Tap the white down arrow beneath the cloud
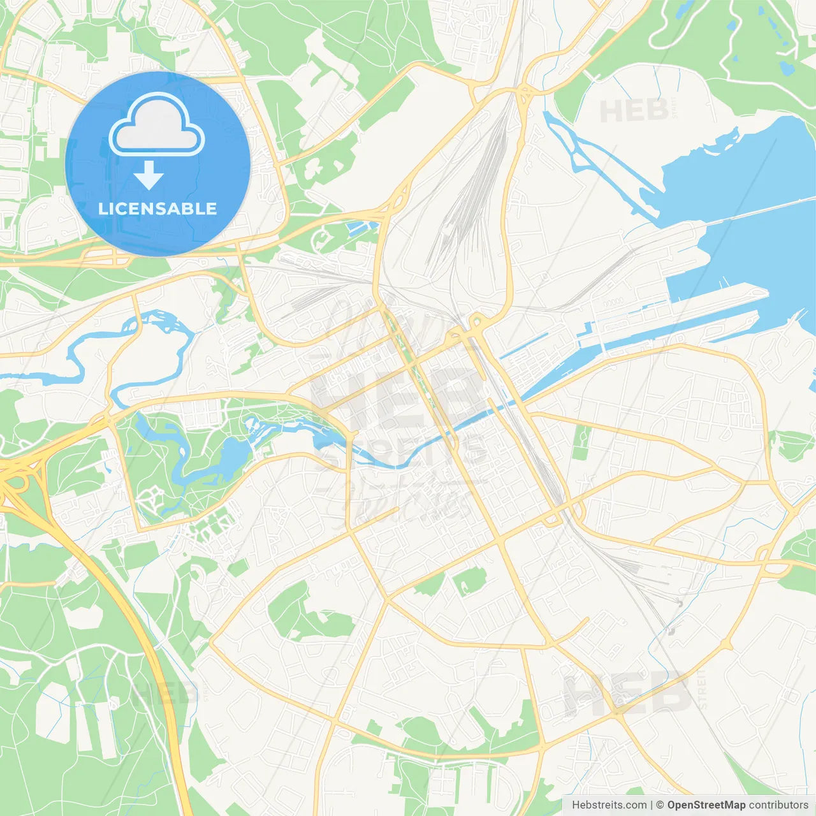(149, 176)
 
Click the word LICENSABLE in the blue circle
(157, 208)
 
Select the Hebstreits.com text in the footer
(609, 805)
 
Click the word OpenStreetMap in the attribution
(706, 805)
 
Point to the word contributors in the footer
(778, 805)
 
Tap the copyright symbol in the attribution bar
(660, 805)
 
